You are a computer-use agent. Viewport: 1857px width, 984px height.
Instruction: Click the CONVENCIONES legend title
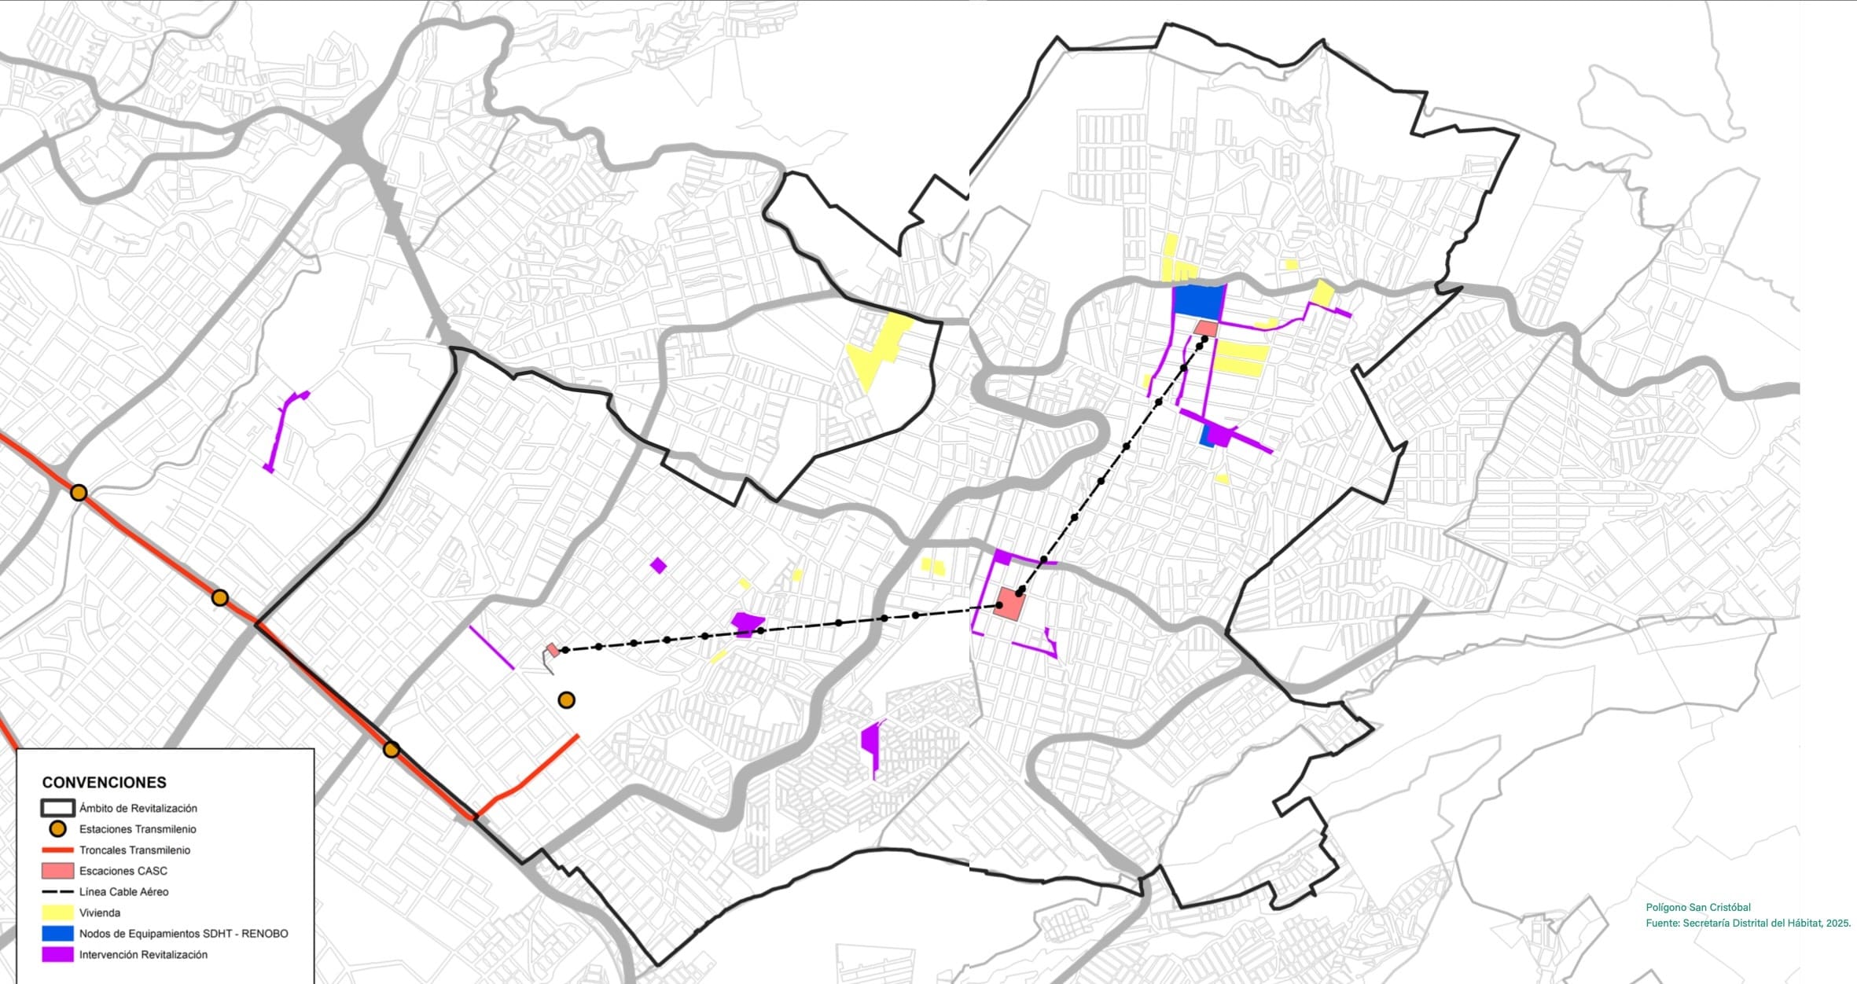(x=104, y=782)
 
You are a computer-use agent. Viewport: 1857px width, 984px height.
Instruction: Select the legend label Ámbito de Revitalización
(x=138, y=808)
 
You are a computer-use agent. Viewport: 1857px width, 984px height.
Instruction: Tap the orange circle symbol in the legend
(x=57, y=828)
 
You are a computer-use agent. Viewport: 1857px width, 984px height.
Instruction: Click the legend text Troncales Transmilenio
(x=134, y=850)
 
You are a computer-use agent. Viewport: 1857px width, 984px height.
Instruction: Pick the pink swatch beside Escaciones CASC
(x=57, y=871)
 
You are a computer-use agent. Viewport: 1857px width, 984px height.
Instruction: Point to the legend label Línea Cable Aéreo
(x=123, y=891)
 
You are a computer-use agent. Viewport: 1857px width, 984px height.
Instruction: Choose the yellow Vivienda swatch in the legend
(x=57, y=912)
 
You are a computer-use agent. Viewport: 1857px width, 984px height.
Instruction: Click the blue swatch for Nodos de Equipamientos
(x=57, y=934)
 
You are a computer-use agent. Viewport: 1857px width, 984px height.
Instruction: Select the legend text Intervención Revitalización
(x=143, y=954)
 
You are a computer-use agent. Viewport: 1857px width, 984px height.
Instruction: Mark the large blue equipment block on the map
(x=1198, y=299)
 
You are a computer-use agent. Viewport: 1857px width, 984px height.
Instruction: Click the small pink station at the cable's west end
(x=553, y=650)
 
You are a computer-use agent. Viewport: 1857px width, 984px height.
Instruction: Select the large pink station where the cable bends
(x=1009, y=604)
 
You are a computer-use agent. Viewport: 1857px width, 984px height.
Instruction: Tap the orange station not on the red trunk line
(x=566, y=699)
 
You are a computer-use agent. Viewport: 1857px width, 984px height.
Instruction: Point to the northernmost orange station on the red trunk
(x=79, y=493)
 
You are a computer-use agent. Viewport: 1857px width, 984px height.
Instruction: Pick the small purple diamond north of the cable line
(x=658, y=565)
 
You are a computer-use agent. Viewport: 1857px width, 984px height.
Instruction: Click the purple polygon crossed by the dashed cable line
(x=747, y=624)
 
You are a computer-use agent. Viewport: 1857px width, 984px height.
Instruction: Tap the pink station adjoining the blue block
(x=1205, y=329)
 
